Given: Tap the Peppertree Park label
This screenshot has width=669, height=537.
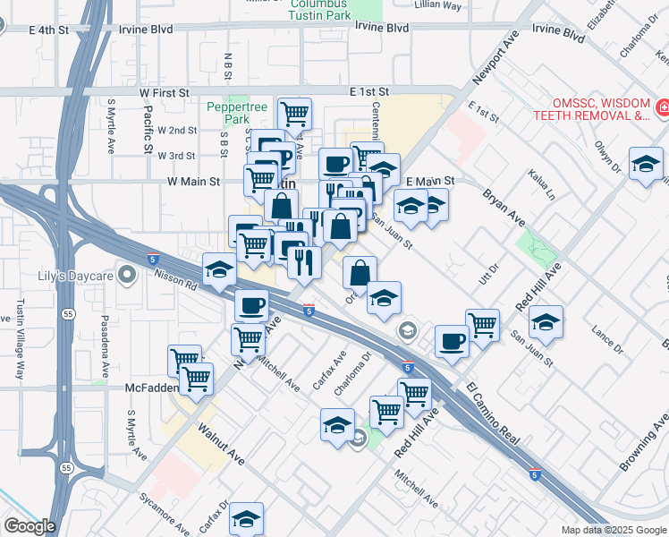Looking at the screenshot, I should tap(237, 113).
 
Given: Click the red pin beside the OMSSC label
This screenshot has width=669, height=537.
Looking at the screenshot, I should tap(663, 109).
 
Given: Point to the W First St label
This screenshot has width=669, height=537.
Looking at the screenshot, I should tap(164, 92).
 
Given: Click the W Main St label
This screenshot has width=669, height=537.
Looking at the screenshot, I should tap(193, 182).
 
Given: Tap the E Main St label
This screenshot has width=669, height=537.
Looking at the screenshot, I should tap(430, 181).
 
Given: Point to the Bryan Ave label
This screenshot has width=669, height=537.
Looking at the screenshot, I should tap(501, 205).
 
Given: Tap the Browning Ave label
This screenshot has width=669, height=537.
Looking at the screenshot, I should tap(642, 443).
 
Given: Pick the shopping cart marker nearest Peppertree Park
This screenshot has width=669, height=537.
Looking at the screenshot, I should tap(294, 114).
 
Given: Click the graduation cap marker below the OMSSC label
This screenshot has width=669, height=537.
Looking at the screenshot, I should tap(646, 165).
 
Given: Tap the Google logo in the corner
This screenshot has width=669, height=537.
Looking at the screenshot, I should tap(29, 526).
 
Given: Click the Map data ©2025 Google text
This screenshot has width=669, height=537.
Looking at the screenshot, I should tap(613, 530).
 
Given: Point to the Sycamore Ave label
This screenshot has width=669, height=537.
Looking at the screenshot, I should tap(164, 512).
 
